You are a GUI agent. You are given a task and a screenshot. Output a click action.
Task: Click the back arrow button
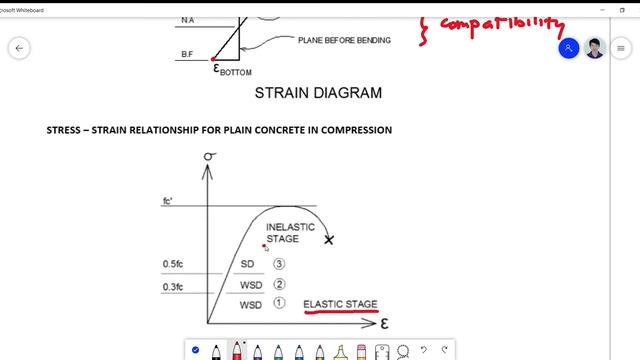(x=19, y=48)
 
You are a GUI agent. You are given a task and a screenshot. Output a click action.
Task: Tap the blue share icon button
(x=568, y=48)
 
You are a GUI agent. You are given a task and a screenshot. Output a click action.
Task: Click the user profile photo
(x=595, y=48)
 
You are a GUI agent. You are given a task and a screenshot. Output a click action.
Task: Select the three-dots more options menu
(x=623, y=48)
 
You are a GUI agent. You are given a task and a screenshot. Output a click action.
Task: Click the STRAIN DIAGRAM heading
(x=318, y=93)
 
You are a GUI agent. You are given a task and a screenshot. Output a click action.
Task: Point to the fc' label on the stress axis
(x=169, y=202)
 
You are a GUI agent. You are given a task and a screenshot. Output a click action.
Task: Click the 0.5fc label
(x=173, y=265)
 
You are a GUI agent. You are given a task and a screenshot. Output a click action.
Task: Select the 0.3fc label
(x=173, y=287)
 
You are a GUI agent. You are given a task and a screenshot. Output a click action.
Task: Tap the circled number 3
(x=279, y=265)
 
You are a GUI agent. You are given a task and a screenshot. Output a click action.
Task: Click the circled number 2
(x=279, y=285)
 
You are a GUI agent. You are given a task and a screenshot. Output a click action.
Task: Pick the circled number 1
(x=279, y=303)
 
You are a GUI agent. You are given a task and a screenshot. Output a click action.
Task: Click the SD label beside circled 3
(x=248, y=265)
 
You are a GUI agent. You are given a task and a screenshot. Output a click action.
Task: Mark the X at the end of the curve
(x=329, y=240)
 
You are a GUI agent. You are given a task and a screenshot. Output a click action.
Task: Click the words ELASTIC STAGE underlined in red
(x=340, y=303)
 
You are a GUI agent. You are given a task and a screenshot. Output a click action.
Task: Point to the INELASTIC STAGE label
(x=290, y=233)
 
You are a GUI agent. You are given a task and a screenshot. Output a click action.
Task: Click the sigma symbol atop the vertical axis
(x=210, y=157)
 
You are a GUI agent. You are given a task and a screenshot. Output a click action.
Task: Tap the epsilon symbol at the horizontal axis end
(x=384, y=324)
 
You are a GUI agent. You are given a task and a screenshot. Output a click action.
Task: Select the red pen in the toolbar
(x=236, y=351)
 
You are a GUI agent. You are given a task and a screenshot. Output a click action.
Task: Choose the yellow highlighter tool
(x=340, y=351)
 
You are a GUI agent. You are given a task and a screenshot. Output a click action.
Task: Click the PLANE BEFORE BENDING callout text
(x=344, y=40)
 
